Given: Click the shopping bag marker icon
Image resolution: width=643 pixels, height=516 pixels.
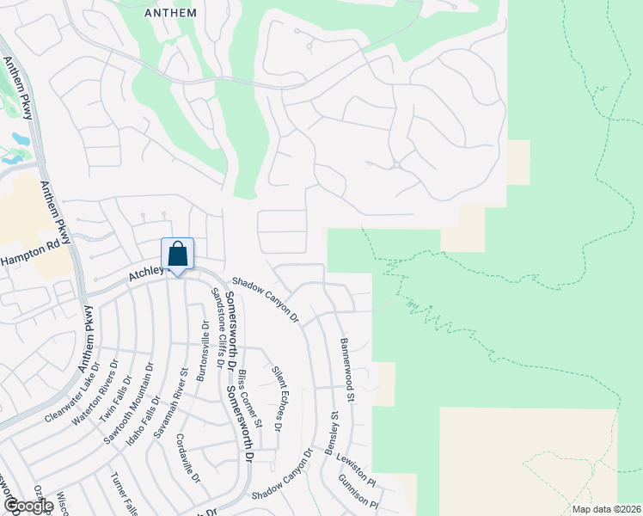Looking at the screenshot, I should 177,255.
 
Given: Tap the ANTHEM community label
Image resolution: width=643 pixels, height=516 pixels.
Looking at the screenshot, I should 171,13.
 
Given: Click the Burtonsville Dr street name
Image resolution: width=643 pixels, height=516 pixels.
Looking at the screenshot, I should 203,351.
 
